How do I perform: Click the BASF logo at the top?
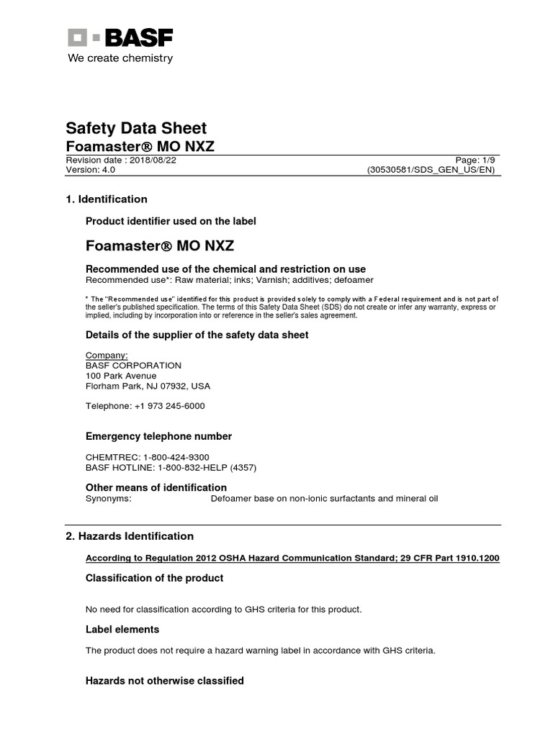(x=120, y=38)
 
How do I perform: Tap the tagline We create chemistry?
(x=120, y=58)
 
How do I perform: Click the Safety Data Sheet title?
(x=136, y=128)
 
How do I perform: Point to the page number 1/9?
(x=485, y=160)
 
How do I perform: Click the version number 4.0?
(x=107, y=171)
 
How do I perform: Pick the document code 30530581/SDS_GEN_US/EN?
(x=431, y=171)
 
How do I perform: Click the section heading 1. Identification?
(x=107, y=199)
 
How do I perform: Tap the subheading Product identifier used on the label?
(x=171, y=221)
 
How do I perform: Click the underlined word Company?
(x=107, y=355)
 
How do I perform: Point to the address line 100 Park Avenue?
(x=121, y=376)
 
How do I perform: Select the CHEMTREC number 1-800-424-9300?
(x=176, y=457)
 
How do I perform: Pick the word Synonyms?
(x=109, y=499)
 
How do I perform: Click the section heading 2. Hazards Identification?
(x=130, y=536)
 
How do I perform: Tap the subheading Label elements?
(x=122, y=629)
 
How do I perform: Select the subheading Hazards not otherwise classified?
(x=165, y=680)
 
